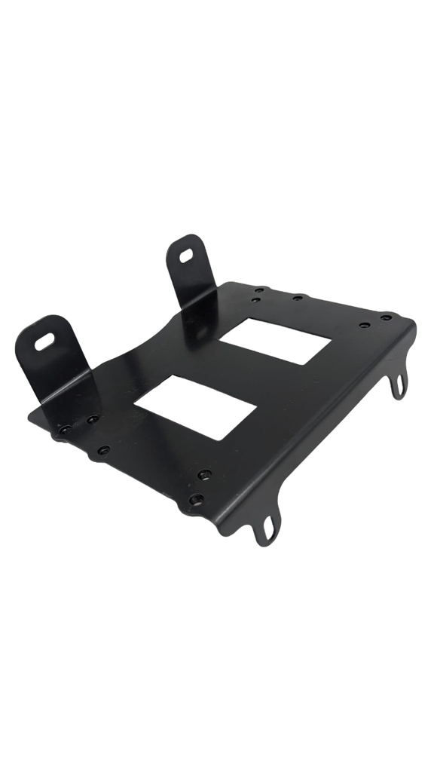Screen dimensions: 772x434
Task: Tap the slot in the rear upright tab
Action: (x=185, y=254)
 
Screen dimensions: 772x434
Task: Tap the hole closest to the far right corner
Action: (x=386, y=317)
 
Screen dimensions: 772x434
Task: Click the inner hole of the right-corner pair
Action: (x=365, y=325)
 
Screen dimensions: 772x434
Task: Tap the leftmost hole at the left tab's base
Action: (x=66, y=430)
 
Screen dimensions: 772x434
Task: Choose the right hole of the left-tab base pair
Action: (x=92, y=419)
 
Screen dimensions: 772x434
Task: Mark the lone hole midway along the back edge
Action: (x=298, y=297)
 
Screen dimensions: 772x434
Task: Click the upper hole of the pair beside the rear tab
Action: (x=258, y=289)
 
